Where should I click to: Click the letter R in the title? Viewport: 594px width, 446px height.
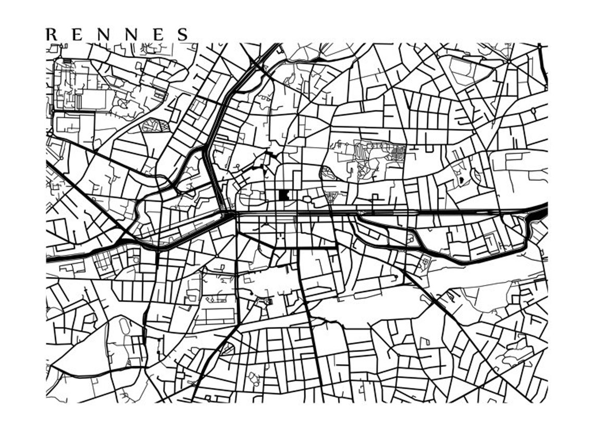tap(52, 35)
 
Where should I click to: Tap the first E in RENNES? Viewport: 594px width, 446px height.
tap(77, 35)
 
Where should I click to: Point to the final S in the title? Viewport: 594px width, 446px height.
tap(182, 35)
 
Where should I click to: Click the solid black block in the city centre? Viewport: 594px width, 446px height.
tap(284, 195)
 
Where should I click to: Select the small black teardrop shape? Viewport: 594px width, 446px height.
tap(461, 180)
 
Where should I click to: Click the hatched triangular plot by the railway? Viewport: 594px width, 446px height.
tap(331, 197)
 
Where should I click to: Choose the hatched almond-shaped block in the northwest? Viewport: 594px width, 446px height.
tap(156, 126)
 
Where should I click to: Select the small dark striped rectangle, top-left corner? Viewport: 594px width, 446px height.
tap(67, 61)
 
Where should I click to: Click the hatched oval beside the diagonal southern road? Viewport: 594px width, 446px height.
tap(228, 348)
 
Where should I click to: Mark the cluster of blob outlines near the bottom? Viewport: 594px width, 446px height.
tap(254, 377)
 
